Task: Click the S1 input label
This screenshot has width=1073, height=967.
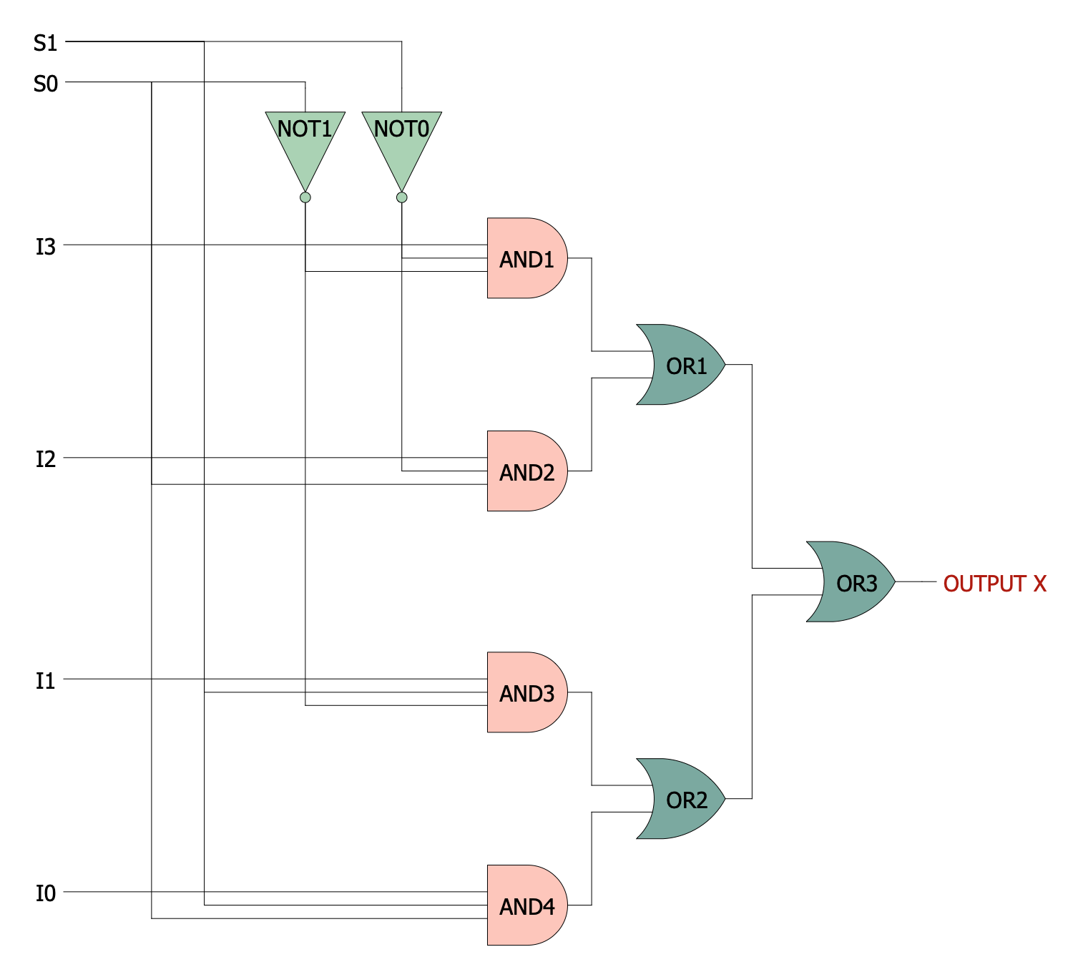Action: point(45,43)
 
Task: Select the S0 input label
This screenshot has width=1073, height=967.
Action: point(45,84)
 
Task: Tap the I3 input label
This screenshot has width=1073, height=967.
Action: point(45,247)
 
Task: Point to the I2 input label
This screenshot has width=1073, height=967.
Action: point(45,458)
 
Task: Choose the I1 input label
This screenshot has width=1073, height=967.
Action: point(45,680)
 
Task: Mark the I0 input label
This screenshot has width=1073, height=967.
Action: point(45,893)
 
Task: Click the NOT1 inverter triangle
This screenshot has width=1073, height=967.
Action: point(305,143)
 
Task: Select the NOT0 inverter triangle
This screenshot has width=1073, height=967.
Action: point(402,143)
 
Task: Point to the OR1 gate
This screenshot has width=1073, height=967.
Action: point(683,365)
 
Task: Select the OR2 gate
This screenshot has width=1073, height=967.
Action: point(683,799)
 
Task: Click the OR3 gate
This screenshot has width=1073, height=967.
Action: point(853,582)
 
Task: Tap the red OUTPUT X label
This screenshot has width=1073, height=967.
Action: point(994,584)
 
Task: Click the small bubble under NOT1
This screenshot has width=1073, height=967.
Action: point(305,197)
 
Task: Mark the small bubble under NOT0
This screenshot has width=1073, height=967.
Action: point(402,197)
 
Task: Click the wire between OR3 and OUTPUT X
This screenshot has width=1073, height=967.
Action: point(916,582)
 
